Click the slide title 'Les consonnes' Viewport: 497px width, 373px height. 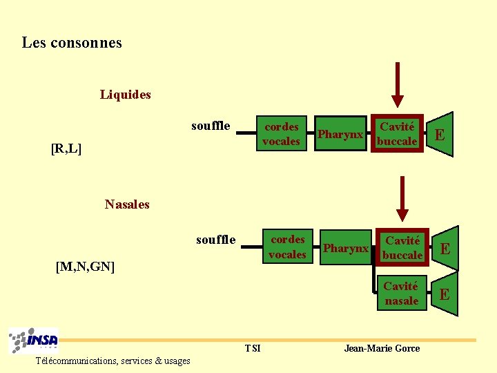point(72,43)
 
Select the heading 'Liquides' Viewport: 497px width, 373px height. point(125,95)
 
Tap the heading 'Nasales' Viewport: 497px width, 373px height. point(127,204)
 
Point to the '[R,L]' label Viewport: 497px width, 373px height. point(66,148)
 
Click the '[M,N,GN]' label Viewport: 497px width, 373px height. point(85,267)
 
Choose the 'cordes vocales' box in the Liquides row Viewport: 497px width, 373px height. point(282,134)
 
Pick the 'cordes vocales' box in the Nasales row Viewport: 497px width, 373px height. point(287,247)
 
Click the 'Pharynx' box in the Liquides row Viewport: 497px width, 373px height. point(340,135)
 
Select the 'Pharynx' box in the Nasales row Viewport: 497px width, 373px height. point(346,248)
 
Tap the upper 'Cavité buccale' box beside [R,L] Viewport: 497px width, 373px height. point(398,134)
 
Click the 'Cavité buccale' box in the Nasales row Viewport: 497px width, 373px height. point(402,248)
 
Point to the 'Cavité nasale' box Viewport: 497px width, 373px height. point(401,294)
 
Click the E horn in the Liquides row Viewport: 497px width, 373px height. point(440,134)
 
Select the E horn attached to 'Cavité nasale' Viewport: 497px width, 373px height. point(445,294)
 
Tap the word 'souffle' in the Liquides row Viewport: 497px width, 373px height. point(211,126)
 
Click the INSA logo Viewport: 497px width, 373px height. point(34,341)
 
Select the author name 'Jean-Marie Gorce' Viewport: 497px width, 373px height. point(382,348)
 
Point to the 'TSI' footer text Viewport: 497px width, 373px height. point(253,348)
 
